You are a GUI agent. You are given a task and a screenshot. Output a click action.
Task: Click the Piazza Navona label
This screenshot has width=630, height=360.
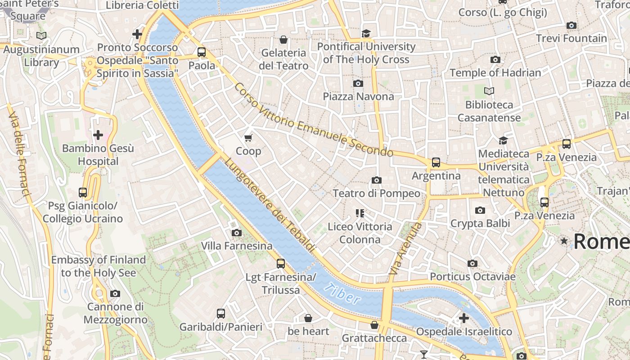pos(358,96)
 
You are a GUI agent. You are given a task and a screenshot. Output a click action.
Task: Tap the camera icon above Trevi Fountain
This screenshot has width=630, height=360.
pos(571,26)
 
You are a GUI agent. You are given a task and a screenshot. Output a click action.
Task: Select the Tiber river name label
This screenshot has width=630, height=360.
pos(342,294)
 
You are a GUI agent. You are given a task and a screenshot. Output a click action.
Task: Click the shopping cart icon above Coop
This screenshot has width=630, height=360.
pos(248,138)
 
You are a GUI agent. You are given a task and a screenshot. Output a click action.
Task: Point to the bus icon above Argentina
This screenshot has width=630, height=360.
pos(436,162)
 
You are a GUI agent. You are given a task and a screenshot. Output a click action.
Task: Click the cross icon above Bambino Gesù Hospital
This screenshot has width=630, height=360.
pos(98,135)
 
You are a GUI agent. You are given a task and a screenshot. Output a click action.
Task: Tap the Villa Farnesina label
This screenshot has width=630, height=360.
pos(237,246)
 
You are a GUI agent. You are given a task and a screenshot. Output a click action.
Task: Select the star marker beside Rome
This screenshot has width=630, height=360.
pos(564,241)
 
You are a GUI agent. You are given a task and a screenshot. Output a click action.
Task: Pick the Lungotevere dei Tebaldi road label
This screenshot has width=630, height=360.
pos(270,204)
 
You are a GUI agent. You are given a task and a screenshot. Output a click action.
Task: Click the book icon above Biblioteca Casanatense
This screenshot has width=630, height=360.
pos(489,91)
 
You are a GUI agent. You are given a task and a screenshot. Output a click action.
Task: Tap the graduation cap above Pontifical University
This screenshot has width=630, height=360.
pos(366,34)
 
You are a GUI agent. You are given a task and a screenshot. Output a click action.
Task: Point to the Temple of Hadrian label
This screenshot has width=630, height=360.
pos(495,72)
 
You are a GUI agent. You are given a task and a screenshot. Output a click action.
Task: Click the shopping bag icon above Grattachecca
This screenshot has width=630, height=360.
pos(374,325)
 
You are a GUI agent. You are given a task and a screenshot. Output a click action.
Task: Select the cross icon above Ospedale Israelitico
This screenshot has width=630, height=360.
pos(463,318)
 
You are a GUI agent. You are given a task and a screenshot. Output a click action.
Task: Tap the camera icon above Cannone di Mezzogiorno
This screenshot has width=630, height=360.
pos(115,293)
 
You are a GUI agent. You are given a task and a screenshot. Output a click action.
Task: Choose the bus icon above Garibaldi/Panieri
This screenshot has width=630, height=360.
pos(220,314)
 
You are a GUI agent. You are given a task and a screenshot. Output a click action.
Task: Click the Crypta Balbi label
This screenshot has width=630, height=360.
pos(480,223)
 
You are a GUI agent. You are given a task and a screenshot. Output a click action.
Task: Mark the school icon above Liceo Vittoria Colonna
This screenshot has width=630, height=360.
pos(360,213)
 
